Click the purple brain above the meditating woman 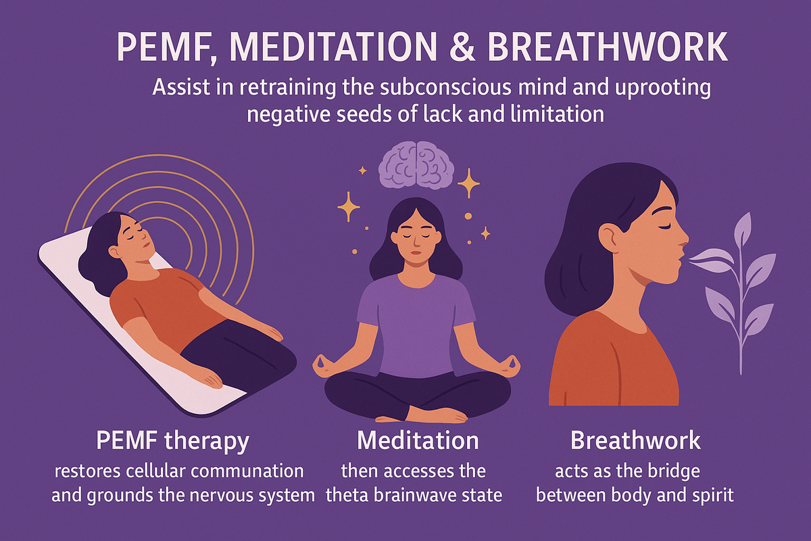[416, 164]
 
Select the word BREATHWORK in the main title [608, 47]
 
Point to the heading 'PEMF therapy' [173, 442]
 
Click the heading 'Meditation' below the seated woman [418, 440]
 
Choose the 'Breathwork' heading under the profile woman [635, 440]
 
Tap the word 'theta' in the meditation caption [347, 495]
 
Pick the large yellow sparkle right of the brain [468, 183]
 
